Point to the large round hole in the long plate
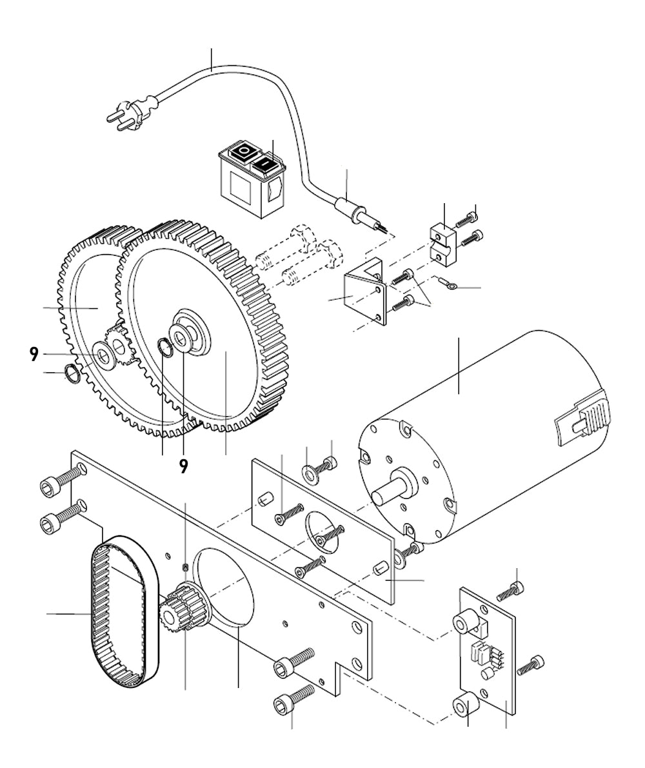[x=226, y=586]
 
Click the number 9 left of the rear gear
[x=34, y=355]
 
